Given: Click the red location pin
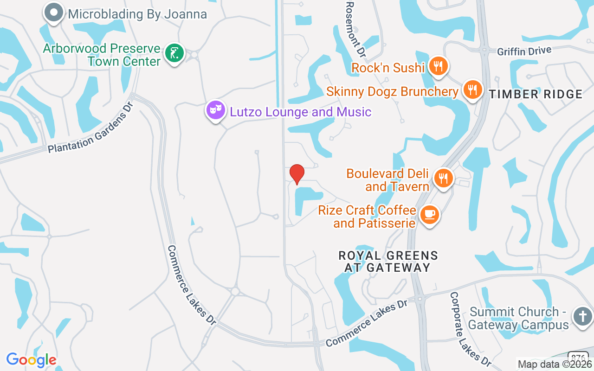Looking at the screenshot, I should click(x=297, y=174).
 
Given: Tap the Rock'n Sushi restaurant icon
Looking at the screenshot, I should click(x=437, y=65).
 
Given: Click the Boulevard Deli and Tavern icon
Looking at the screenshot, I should click(x=443, y=178).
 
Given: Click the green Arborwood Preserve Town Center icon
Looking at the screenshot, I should click(x=175, y=53).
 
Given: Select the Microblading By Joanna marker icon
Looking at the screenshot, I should click(x=54, y=13).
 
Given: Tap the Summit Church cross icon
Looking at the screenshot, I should click(x=582, y=317).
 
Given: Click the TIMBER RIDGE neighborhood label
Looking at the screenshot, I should click(x=536, y=95).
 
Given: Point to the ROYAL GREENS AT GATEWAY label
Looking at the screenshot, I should click(x=388, y=262).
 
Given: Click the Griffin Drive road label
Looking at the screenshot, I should click(x=524, y=51).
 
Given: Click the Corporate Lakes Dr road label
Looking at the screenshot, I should click(x=470, y=329).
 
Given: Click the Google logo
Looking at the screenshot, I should click(x=31, y=360).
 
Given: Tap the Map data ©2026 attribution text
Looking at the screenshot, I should click(x=554, y=365).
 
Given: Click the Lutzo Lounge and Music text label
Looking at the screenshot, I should click(x=301, y=112).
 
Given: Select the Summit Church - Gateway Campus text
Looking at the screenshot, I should click(x=518, y=318).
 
